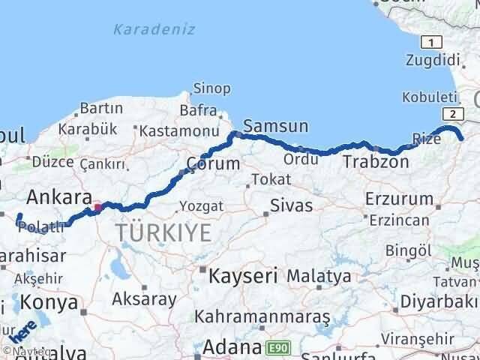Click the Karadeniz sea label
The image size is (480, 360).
(x=154, y=30)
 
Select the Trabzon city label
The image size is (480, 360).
(x=376, y=162)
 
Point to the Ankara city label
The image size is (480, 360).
(x=53, y=198)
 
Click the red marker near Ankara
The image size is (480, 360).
(x=98, y=206)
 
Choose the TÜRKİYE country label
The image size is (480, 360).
(x=163, y=233)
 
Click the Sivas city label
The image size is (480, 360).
(x=291, y=204)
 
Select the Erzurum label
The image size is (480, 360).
(x=400, y=199)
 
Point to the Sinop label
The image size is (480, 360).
(x=212, y=88)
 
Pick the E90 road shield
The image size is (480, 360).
(x=277, y=348)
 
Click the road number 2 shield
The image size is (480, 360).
(x=453, y=113)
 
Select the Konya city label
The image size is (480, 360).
(x=49, y=302)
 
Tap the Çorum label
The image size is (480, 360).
(x=214, y=163)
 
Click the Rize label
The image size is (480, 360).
(x=426, y=139)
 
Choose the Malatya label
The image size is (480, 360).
(x=319, y=275)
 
